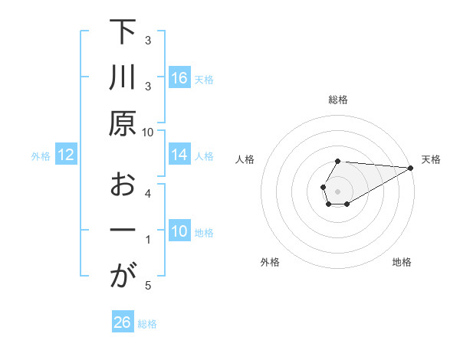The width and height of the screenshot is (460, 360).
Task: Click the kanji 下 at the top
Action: pyautogui.click(x=123, y=32)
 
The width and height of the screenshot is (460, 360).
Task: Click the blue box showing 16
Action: pyautogui.click(x=179, y=78)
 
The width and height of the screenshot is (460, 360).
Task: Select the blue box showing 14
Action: pyautogui.click(x=179, y=155)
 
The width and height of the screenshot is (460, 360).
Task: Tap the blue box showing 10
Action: pyautogui.click(x=179, y=232)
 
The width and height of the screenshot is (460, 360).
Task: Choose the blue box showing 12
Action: pyautogui.click(x=66, y=155)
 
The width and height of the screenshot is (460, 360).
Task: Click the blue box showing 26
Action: pyautogui.click(x=122, y=323)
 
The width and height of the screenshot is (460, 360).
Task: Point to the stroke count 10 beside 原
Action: pyautogui.click(x=148, y=132)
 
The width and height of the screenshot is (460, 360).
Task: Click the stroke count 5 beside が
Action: pyautogui.click(x=148, y=286)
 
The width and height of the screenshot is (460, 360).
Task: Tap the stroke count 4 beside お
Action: pyautogui.click(x=148, y=193)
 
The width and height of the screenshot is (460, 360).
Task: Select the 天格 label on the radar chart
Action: pyautogui.click(x=431, y=159)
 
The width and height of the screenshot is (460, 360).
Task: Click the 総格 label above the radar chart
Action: pyautogui.click(x=338, y=100)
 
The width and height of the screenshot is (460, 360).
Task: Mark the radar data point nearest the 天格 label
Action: pyautogui.click(x=411, y=168)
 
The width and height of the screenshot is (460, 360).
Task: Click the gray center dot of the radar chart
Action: pyautogui.click(x=338, y=191)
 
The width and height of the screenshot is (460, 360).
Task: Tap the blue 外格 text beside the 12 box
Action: pyautogui.click(x=41, y=156)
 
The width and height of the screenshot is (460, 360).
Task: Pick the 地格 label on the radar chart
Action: pyautogui.click(x=402, y=263)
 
